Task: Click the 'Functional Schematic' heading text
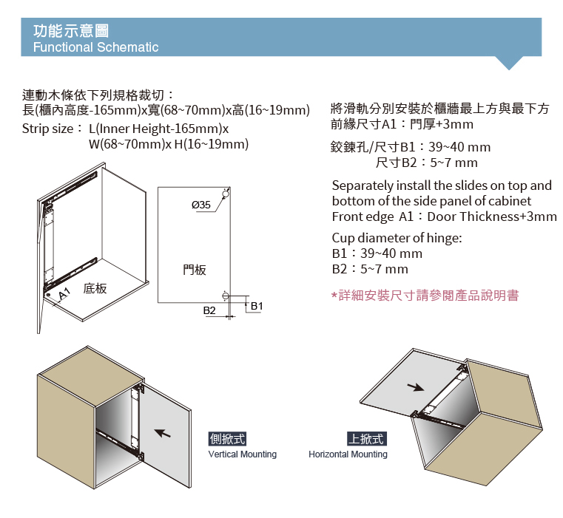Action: pyautogui.click(x=96, y=47)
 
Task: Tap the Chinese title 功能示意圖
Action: pyautogui.click(x=71, y=30)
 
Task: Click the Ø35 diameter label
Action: pyautogui.click(x=200, y=205)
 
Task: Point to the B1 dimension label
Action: pyautogui.click(x=257, y=306)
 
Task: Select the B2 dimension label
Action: pyautogui.click(x=209, y=310)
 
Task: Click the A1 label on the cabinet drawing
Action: pyautogui.click(x=64, y=293)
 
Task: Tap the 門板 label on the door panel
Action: pyautogui.click(x=195, y=270)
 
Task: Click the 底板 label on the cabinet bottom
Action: pyautogui.click(x=95, y=288)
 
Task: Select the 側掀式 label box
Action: pyautogui.click(x=227, y=438)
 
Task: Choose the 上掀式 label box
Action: pyautogui.click(x=367, y=438)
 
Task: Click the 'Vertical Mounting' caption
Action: pyautogui.click(x=243, y=454)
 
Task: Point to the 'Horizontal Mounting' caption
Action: pyautogui.click(x=348, y=454)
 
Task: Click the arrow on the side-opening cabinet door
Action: pyautogui.click(x=163, y=433)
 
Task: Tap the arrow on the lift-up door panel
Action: pyautogui.click(x=416, y=387)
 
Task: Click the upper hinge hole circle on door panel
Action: pyautogui.click(x=226, y=194)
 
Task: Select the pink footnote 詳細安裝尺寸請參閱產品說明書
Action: pyautogui.click(x=425, y=296)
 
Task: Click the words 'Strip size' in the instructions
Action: pyautogui.click(x=48, y=129)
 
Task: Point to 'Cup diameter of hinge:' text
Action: pyautogui.click(x=397, y=238)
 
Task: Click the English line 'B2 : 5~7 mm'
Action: pyautogui.click(x=370, y=269)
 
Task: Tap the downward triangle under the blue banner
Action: pyautogui.click(x=509, y=62)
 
